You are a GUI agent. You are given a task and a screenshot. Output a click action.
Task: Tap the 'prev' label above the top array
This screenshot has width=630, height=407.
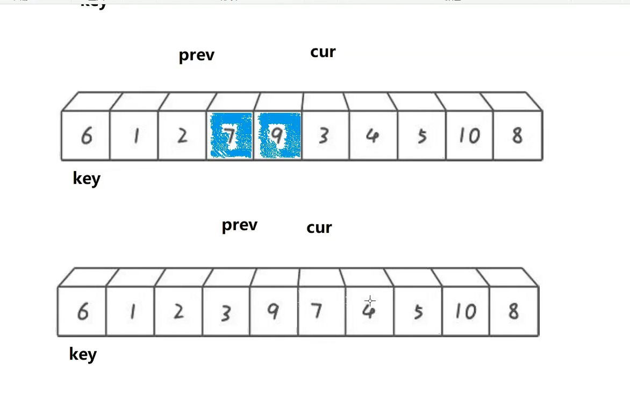point(196,55)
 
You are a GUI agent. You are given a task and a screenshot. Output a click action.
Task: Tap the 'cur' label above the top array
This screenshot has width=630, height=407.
point(323,52)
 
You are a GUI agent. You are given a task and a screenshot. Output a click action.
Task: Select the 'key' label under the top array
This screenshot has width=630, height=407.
point(87,178)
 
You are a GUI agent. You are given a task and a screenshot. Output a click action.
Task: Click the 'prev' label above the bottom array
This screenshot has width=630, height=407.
point(239,225)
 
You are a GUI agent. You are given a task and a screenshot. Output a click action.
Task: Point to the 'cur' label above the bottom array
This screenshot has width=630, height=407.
point(319,227)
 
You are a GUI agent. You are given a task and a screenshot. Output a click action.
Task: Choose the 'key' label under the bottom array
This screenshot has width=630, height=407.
point(83,354)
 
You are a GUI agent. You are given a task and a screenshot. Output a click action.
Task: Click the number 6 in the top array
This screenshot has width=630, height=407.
point(86,136)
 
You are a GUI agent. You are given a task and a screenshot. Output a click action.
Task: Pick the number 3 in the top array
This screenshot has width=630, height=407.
point(323,136)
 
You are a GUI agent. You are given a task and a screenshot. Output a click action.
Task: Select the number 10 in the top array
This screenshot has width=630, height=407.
point(469,136)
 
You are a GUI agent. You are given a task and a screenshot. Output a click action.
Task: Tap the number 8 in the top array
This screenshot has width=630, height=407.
point(517,135)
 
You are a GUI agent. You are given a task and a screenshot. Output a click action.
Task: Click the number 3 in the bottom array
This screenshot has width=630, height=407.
point(226,312)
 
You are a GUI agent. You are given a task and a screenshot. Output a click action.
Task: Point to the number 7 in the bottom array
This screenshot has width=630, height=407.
point(317,311)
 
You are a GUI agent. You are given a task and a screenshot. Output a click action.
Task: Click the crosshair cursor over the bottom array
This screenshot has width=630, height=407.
point(370,301)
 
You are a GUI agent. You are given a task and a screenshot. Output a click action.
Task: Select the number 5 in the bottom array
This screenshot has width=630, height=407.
point(418,312)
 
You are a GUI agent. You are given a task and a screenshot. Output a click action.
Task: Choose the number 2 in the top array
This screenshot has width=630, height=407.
point(183,135)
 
